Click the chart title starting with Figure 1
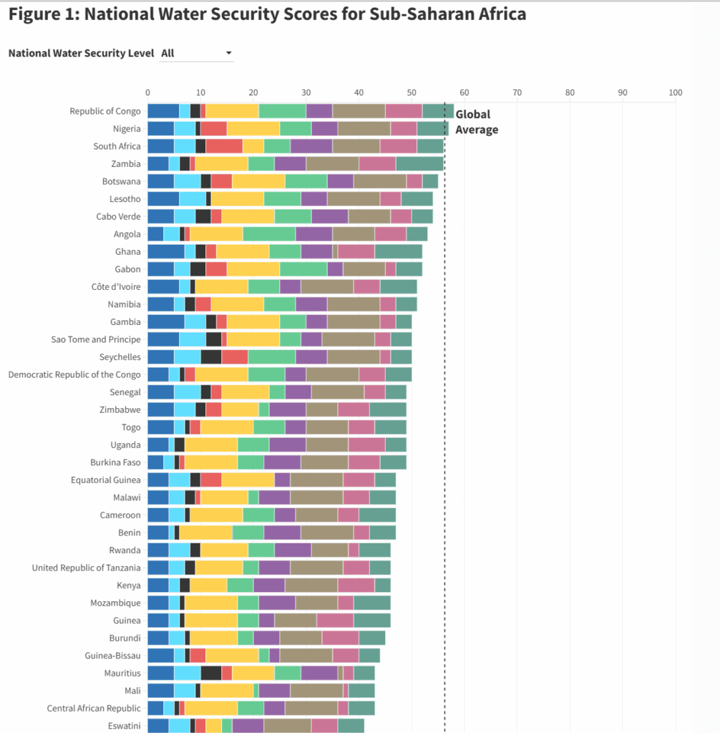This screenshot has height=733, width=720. pyautogui.click(x=267, y=14)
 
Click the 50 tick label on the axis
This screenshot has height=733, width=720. pyautogui.click(x=412, y=92)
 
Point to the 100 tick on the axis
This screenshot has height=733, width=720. pyautogui.click(x=675, y=92)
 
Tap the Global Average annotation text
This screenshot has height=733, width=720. pyautogui.click(x=477, y=122)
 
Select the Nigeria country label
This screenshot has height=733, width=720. pyautogui.click(x=127, y=129)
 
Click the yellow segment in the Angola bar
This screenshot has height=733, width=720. pyautogui.click(x=216, y=234)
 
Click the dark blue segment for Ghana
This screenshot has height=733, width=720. pyautogui.click(x=166, y=251)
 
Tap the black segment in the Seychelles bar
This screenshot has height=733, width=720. pyautogui.click(x=211, y=356)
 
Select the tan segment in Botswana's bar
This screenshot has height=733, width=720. pyautogui.click(x=380, y=181)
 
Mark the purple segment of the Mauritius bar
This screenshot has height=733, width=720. pyautogui.click(x=319, y=673)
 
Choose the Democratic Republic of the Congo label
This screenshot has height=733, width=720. pyautogui.click(x=74, y=374)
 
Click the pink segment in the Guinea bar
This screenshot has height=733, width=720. pyautogui.click(x=335, y=620)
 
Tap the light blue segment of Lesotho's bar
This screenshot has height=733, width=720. pyautogui.click(x=193, y=199)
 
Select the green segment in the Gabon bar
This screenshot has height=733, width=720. pyautogui.click(x=303, y=269)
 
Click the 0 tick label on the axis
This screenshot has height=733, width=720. pyautogui.click(x=147, y=92)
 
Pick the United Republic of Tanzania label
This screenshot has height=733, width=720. pyautogui.click(x=87, y=568)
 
